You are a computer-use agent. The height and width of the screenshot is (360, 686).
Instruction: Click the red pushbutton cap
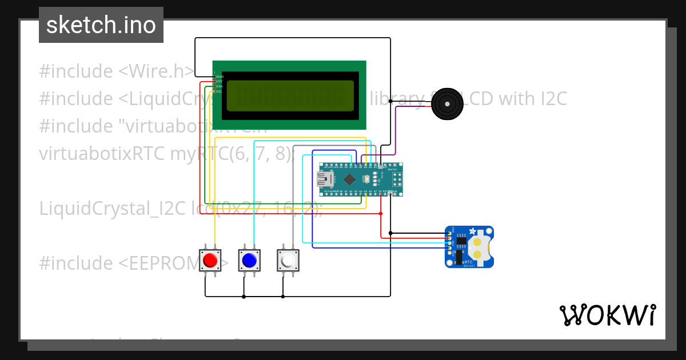coord(210,261)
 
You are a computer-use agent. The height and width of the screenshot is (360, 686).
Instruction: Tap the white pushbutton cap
coord(288,261)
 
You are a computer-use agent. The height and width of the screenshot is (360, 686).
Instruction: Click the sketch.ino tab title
coord(101,25)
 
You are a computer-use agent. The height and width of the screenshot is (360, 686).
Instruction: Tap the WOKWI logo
coord(607,315)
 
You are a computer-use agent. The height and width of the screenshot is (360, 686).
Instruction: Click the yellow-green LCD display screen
coord(290,95)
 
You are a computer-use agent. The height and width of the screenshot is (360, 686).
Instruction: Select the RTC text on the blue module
coord(468,261)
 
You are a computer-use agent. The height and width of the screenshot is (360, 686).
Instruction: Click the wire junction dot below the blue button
coord(244,297)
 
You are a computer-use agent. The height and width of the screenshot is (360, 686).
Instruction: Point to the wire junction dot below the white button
coord(283,297)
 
